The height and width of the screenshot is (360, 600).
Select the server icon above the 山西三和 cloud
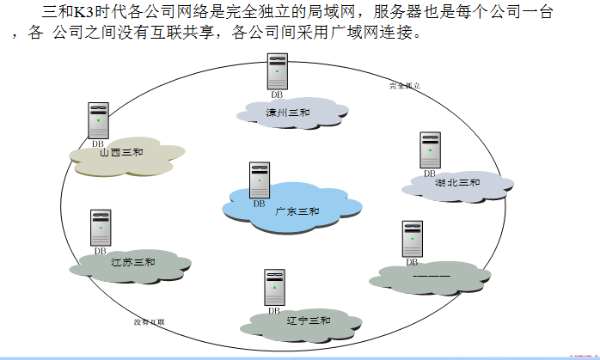[x=98, y=120]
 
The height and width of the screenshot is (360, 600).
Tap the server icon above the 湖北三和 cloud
[x=430, y=149]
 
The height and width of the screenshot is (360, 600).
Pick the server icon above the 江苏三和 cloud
[x=101, y=228]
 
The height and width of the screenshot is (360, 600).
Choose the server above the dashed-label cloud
[x=412, y=239]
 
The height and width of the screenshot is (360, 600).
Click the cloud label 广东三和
[x=297, y=211]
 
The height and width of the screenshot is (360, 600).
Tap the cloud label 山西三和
[x=121, y=153]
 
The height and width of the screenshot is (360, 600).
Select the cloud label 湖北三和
[x=458, y=182]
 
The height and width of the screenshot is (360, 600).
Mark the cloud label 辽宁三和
[x=309, y=320]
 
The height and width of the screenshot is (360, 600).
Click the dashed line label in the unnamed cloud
[x=432, y=277]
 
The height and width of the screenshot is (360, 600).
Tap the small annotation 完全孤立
[x=404, y=86]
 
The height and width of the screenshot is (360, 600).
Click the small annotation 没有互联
[x=149, y=322]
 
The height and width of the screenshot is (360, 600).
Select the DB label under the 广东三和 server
[x=259, y=204]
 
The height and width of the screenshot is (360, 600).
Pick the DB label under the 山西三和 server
[x=98, y=143]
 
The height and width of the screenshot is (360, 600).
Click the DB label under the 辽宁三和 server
[x=274, y=311]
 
